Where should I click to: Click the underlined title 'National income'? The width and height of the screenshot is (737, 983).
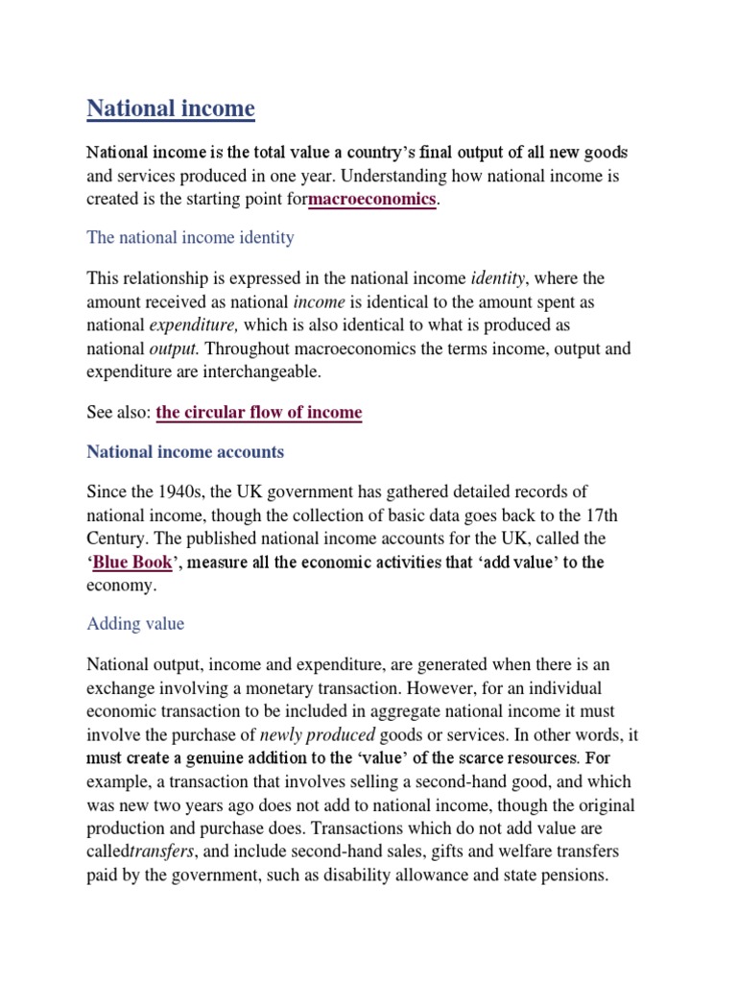[171, 108]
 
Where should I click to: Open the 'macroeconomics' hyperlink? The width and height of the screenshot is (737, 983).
[371, 200]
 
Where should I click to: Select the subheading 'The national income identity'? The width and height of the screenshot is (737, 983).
[190, 236]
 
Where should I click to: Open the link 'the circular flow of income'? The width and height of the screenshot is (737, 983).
[259, 413]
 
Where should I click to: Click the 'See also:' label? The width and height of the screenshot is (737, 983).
[119, 413]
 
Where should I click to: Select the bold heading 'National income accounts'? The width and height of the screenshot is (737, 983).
[185, 451]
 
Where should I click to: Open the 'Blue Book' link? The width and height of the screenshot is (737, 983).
[132, 563]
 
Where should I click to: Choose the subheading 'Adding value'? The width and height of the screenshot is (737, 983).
[135, 624]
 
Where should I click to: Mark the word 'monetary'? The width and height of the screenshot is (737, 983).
[292, 689]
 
